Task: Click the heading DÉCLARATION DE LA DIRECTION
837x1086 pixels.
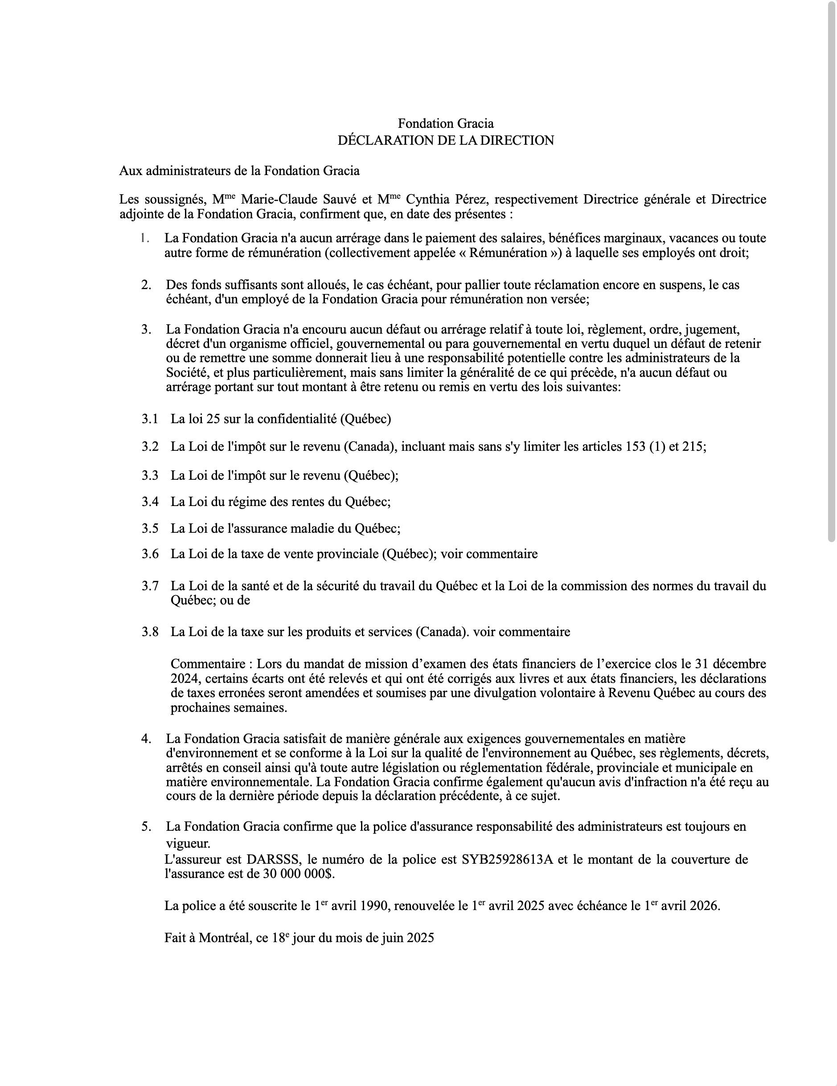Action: [445, 140]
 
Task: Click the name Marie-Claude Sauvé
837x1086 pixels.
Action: [300, 200]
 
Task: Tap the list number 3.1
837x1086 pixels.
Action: [149, 419]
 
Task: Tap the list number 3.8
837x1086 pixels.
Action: [150, 632]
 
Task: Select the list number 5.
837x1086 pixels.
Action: [146, 826]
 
